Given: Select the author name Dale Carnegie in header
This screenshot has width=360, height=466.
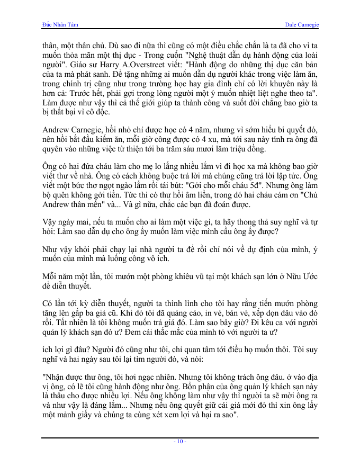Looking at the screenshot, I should tap(302, 25).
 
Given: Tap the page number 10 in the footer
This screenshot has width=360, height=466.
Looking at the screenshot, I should tap(180, 442).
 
